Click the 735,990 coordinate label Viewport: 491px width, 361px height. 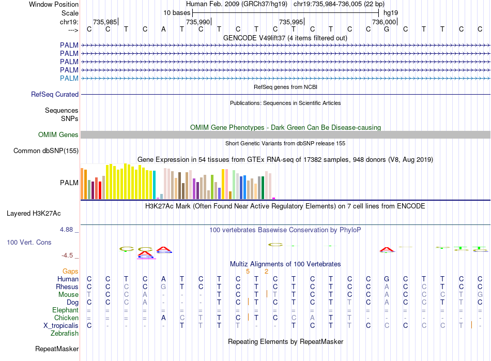(198, 22)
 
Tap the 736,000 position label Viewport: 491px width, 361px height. (384, 22)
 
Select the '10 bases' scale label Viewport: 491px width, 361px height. (177, 12)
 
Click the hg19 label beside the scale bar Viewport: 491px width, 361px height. (390, 12)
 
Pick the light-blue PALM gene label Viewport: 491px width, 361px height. (69, 78)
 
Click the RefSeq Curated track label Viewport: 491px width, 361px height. (55, 94)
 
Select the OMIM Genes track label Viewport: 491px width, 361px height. (58, 134)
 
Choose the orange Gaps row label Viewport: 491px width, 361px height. (70, 271)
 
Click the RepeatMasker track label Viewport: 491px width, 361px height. (56, 349)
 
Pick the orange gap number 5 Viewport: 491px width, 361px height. (248, 271)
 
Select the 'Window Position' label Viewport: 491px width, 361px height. (54, 4)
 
